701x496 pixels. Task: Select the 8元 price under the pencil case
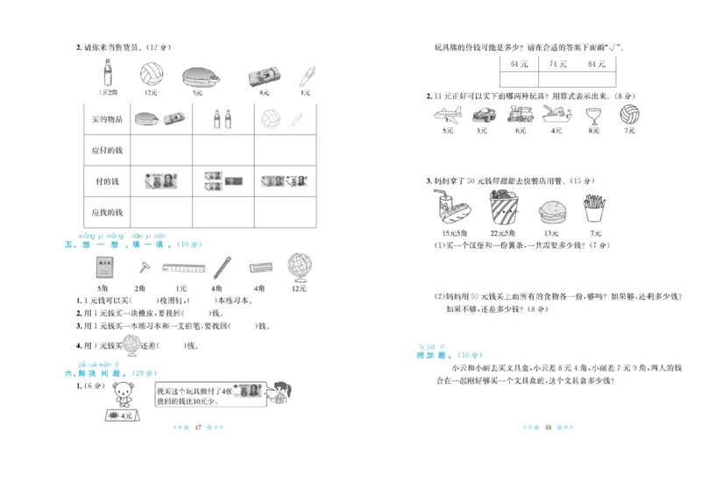click(261, 92)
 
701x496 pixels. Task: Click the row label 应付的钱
click(107, 150)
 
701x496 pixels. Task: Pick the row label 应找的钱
click(107, 212)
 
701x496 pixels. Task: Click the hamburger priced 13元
click(550, 211)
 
